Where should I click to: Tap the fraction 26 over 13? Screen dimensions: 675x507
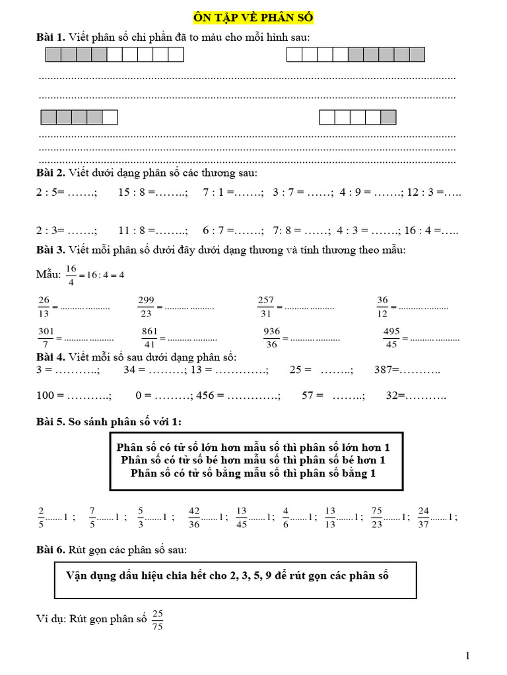(44, 307)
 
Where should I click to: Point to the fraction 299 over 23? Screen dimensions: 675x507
(146, 307)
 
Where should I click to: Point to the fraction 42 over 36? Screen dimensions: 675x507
(194, 517)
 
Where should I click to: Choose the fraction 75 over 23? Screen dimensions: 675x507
(377, 517)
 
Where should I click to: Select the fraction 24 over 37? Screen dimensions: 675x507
(423, 517)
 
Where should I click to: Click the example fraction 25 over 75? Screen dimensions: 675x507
(157, 620)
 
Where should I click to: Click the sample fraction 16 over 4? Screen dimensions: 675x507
(72, 274)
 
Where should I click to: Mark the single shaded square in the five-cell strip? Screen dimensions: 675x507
(389, 117)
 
